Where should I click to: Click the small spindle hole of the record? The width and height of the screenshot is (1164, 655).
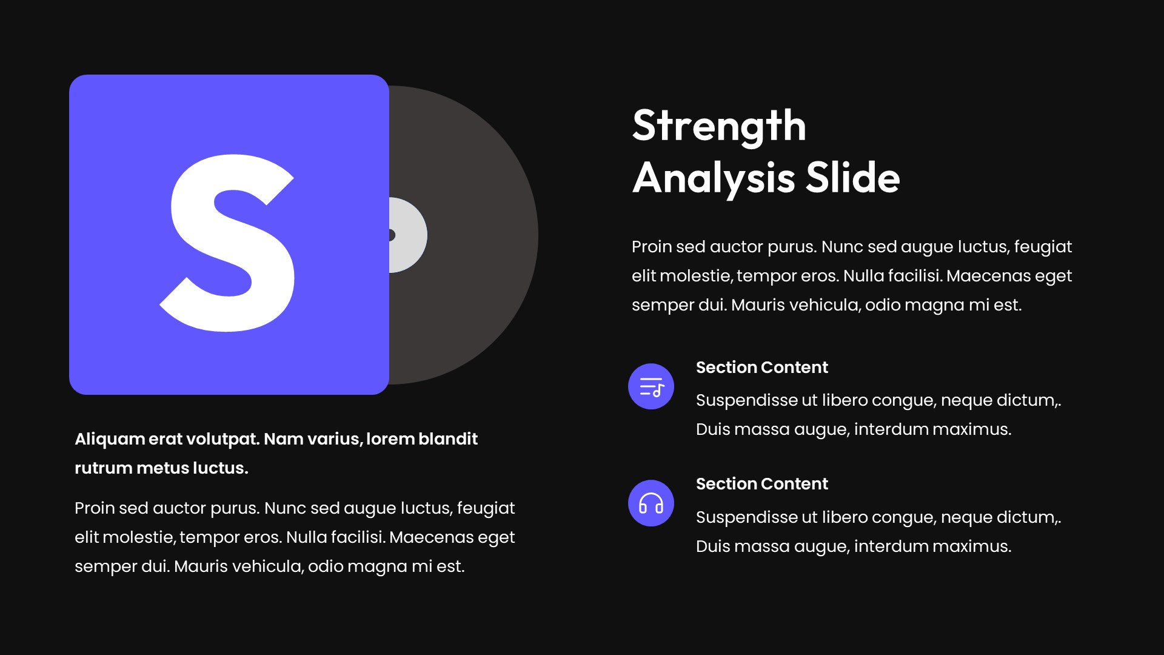tap(392, 235)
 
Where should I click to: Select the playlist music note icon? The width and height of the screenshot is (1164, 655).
tap(651, 386)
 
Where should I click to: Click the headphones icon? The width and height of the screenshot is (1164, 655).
tap(651, 503)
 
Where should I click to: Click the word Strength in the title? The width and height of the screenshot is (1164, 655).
tap(719, 126)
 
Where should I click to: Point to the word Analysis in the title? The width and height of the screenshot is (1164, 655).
tap(713, 178)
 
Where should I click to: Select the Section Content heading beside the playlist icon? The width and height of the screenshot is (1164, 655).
tap(761, 368)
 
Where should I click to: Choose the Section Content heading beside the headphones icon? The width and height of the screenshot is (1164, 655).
tap(761, 484)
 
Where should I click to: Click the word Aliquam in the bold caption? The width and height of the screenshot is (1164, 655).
tap(110, 439)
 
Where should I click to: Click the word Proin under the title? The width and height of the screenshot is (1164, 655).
tap(652, 247)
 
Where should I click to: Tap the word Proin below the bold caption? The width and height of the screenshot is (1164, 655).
tap(95, 508)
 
